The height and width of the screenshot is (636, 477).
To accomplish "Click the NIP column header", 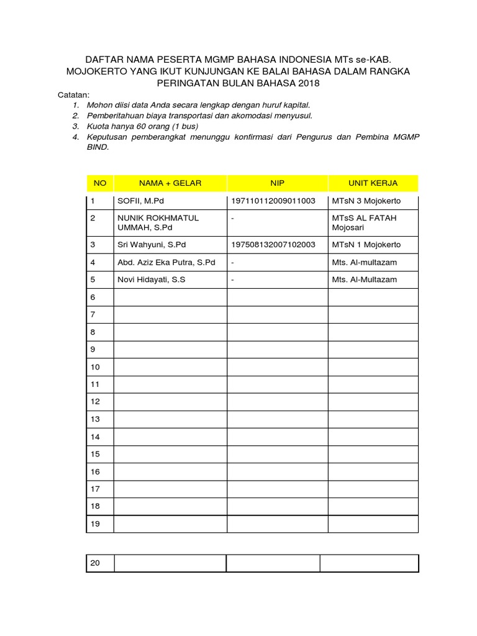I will pos(277,183).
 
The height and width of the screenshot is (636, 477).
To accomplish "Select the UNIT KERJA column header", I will pos(373,183).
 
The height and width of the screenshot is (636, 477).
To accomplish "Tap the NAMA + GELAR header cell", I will pos(170,183).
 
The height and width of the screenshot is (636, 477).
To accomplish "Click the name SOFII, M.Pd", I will pos(141,201).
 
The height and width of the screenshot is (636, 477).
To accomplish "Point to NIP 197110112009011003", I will pos(273,201).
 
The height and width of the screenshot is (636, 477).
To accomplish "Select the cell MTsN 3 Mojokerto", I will pos(366,201).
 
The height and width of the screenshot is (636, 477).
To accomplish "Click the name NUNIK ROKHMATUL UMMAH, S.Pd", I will pos(153,223).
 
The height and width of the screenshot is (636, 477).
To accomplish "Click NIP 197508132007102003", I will pos(273,245).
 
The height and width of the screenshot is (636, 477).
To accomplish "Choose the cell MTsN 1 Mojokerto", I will pos(366,245).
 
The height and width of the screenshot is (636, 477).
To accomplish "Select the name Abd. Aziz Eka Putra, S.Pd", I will pos(166,262).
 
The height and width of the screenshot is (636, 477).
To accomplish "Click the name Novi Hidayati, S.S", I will pos(152,279).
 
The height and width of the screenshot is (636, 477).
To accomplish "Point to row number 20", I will pos(95,563).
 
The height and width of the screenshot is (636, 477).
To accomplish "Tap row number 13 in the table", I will pos(95,419).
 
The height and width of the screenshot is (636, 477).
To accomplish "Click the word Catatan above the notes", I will pos(74,95).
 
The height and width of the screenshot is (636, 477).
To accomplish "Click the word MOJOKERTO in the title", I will pos(95,71).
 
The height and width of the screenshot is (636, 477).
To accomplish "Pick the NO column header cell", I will pos(100,183).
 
